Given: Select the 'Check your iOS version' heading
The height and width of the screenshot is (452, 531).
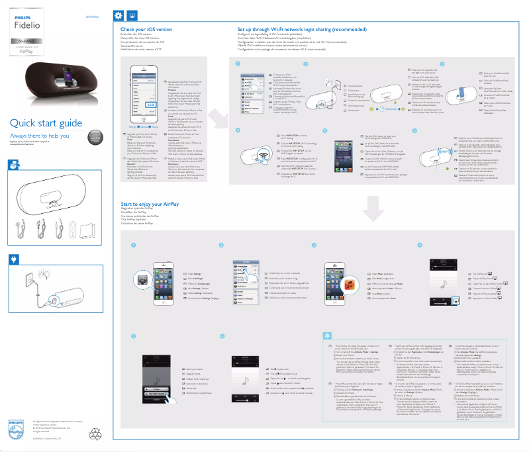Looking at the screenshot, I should [146, 30].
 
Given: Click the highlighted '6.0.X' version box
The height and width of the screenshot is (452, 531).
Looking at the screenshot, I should [150, 104].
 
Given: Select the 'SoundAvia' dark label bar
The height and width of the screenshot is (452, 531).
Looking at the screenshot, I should [27, 40].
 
